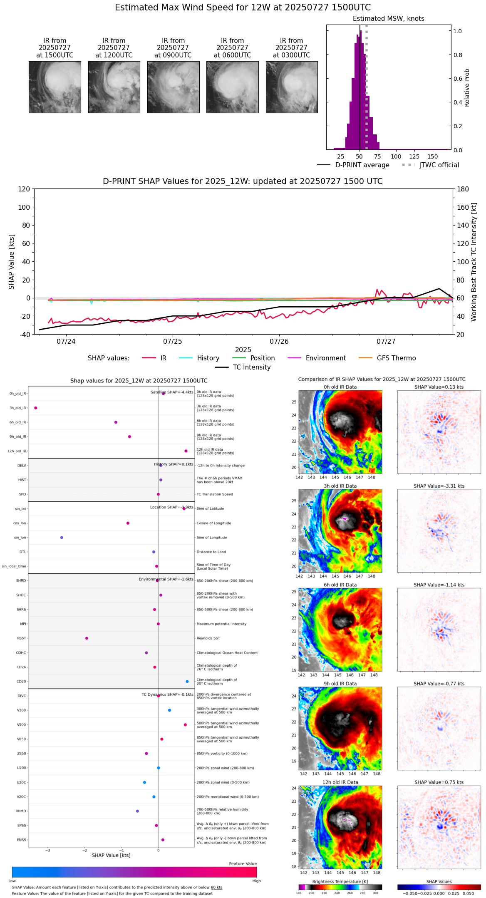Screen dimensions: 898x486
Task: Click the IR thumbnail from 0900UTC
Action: click(173, 87)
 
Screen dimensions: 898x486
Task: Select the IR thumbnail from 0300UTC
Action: click(292, 87)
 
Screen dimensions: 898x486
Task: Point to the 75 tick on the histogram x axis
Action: click(377, 156)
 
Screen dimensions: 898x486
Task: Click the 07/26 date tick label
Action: click(279, 342)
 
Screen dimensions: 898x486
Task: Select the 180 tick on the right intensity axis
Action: click(463, 189)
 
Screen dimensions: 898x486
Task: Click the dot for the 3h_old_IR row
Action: click(36, 408)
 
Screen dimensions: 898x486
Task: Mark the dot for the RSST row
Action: click(87, 638)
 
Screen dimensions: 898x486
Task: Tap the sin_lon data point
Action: click(62, 537)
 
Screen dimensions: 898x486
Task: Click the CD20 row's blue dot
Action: click(187, 681)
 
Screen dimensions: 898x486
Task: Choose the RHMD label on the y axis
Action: click(21, 811)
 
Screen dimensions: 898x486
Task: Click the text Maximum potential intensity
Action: click(221, 624)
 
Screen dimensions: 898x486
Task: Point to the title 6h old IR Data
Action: click(340, 585)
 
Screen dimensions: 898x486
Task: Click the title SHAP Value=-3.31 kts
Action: click(439, 486)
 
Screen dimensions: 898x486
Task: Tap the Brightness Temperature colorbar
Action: click(340, 887)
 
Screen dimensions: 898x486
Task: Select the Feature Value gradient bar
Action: click(134, 872)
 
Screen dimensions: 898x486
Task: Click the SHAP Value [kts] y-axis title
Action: click(12, 262)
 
